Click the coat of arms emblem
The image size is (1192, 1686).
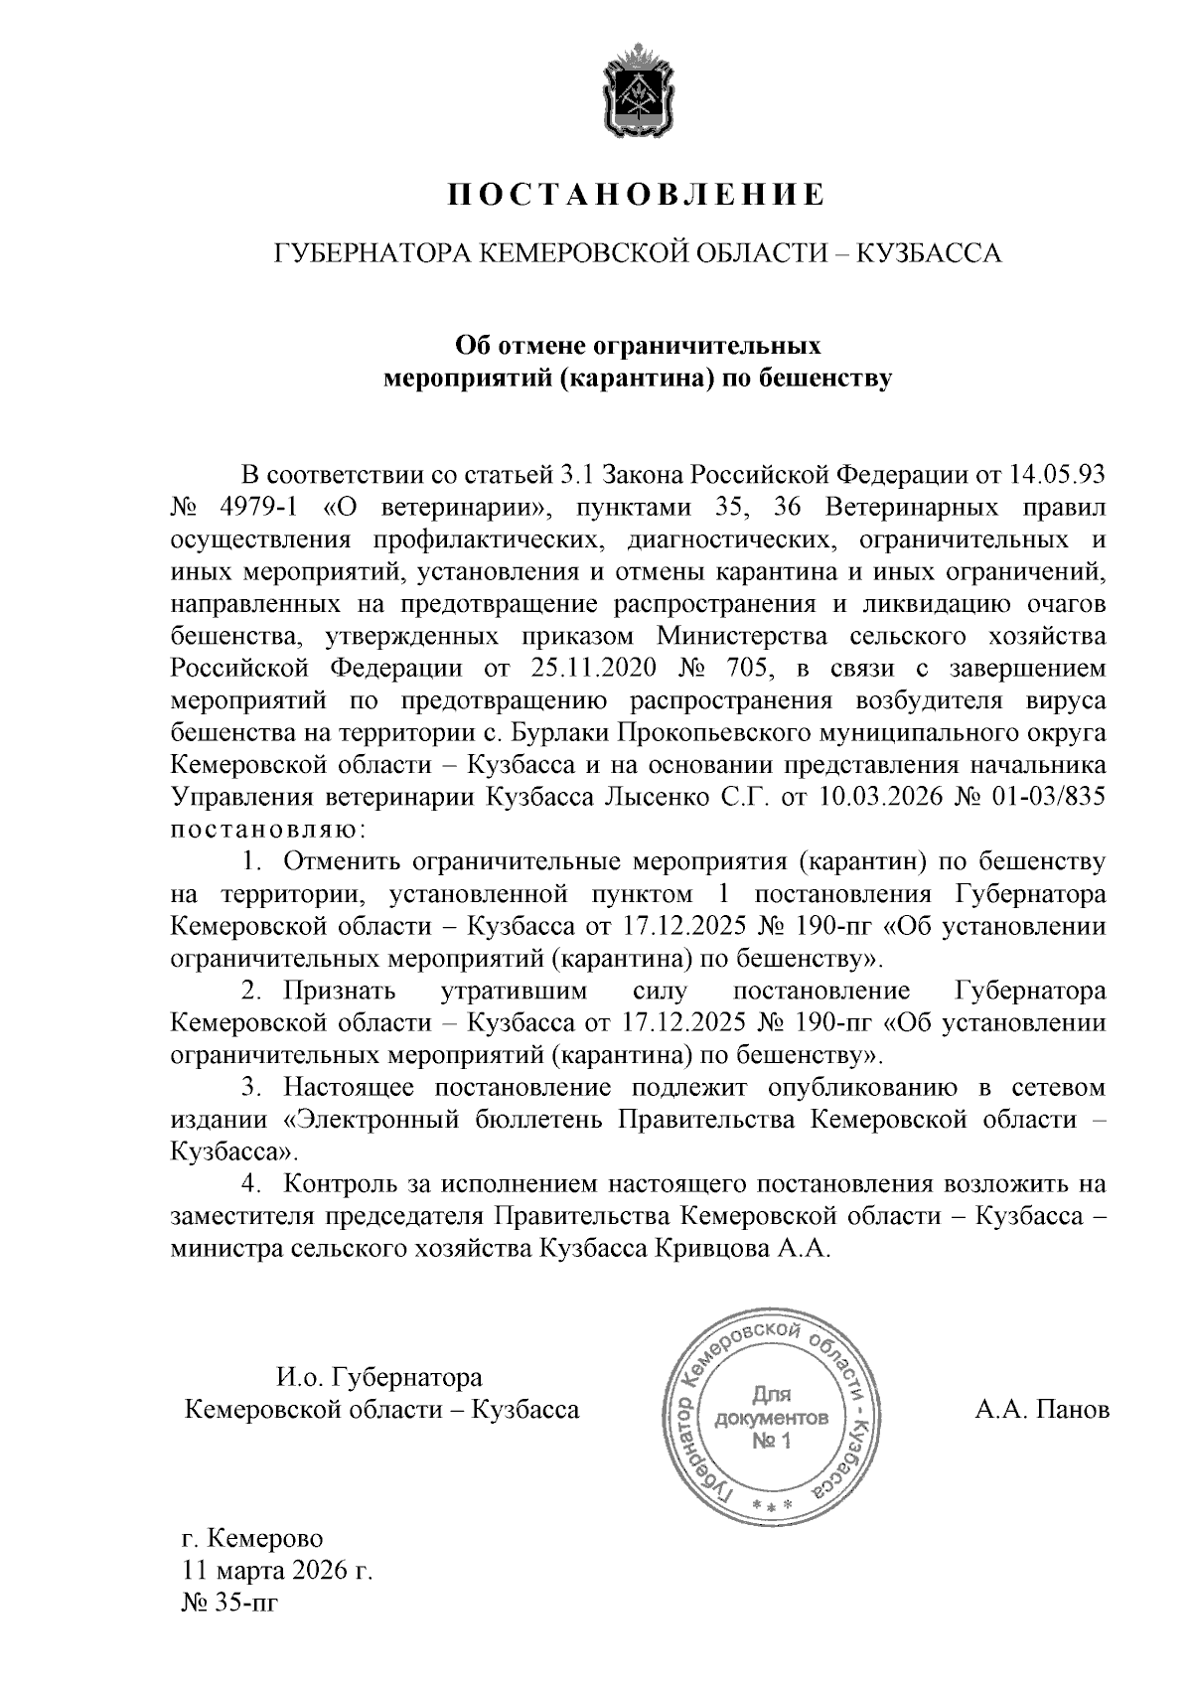636,90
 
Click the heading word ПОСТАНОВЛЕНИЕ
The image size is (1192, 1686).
636,195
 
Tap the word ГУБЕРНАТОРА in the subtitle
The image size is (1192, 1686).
367,254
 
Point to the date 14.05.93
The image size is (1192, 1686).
1056,475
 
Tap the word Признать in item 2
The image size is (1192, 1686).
340,992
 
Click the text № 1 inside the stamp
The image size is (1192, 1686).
771,1442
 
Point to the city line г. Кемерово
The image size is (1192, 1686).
253,1539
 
